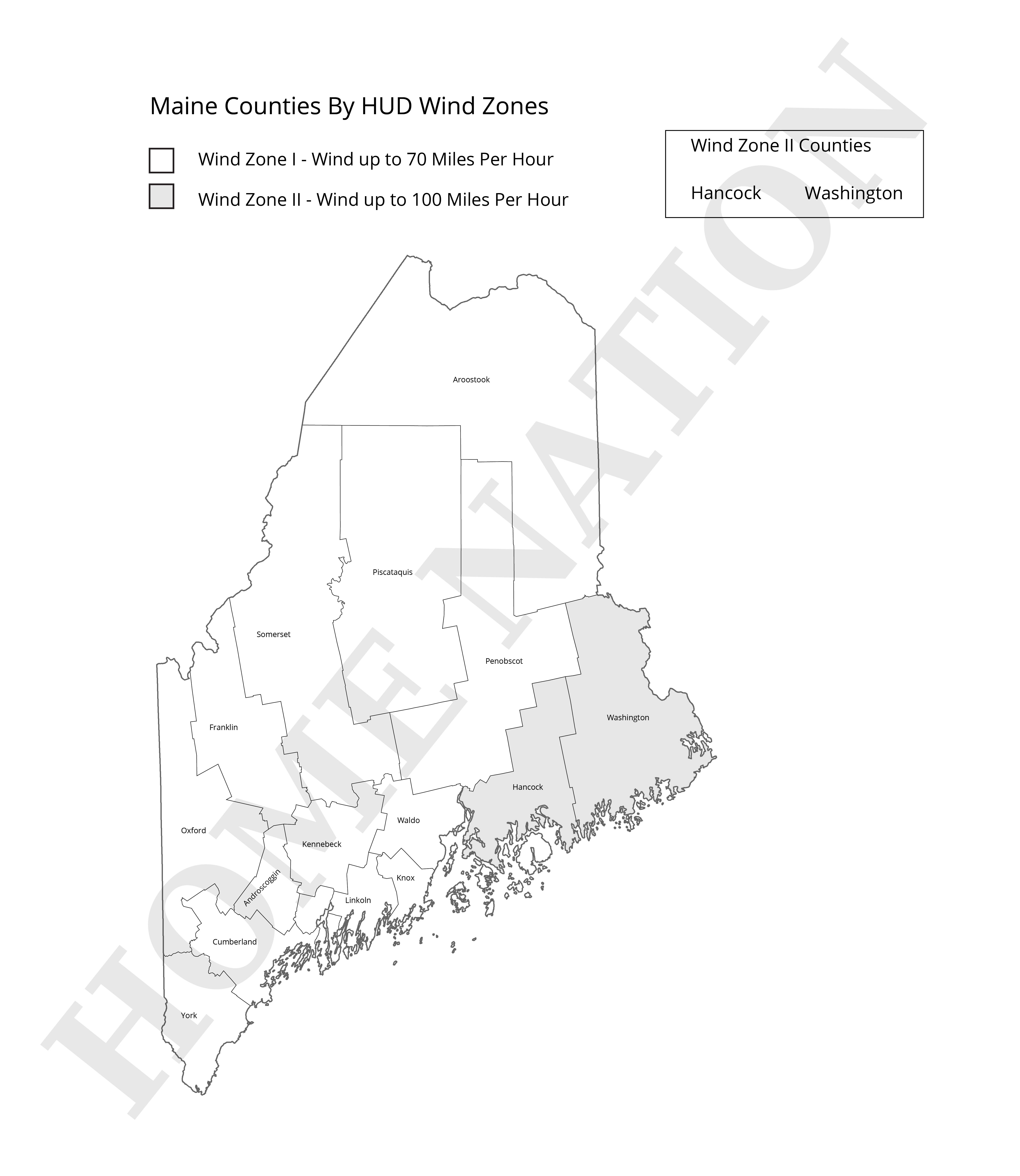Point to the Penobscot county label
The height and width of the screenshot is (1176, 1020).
(x=504, y=661)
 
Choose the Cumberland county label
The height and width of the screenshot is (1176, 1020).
(x=234, y=941)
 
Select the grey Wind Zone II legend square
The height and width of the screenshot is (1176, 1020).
(x=161, y=196)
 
